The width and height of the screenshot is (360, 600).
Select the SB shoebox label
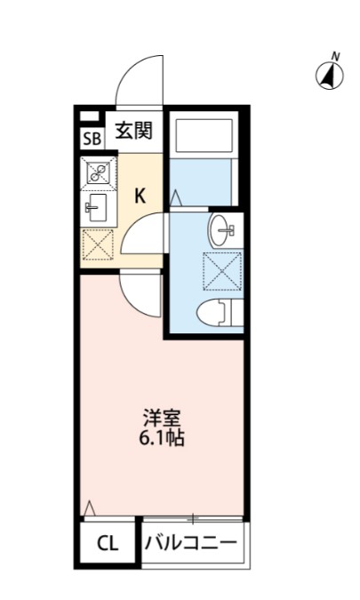pyautogui.click(x=92, y=139)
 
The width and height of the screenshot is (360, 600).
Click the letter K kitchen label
pyautogui.click(x=140, y=197)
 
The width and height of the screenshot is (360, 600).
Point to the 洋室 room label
pyautogui.click(x=163, y=418)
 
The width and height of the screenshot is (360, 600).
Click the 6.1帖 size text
pyautogui.click(x=163, y=438)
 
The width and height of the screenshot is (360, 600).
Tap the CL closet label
pyautogui.click(x=108, y=542)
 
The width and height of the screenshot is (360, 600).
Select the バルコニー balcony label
pyautogui.click(x=191, y=542)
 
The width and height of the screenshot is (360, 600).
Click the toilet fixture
pyautogui.click(x=217, y=312)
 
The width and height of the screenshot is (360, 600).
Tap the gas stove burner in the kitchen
pyautogui.click(x=97, y=172)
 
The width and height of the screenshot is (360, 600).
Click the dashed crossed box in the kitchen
pyautogui.click(x=97, y=244)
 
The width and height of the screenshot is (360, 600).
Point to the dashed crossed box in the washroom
pyautogui.click(x=219, y=270)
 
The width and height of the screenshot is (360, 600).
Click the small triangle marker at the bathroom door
pyautogui.click(x=175, y=197)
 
